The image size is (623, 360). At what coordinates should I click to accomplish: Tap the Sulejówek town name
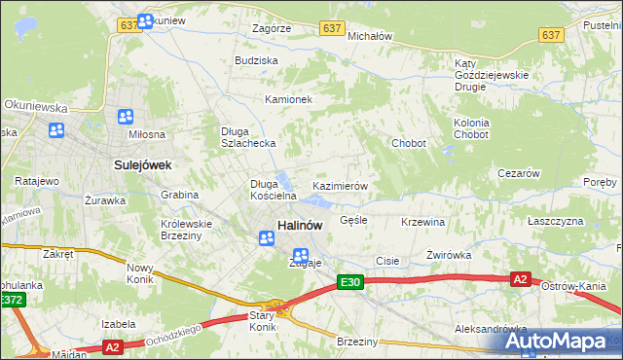tap(142, 165)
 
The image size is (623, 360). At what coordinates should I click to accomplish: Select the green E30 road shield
tap(350, 282)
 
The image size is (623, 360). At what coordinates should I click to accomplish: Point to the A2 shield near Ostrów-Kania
tap(521, 279)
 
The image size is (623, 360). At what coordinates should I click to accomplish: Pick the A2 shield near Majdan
tap(112, 345)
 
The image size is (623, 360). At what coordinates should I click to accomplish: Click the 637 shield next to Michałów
tap(332, 28)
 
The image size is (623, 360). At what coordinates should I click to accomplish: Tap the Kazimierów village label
tap(339, 186)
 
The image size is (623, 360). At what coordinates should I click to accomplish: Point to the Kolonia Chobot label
tap(470, 128)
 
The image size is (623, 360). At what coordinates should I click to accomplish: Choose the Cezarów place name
tap(518, 173)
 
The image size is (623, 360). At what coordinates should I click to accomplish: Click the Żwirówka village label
tap(449, 255)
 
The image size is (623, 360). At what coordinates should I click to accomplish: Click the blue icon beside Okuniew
tap(146, 20)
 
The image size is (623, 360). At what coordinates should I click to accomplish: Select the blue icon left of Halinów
tap(266, 237)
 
